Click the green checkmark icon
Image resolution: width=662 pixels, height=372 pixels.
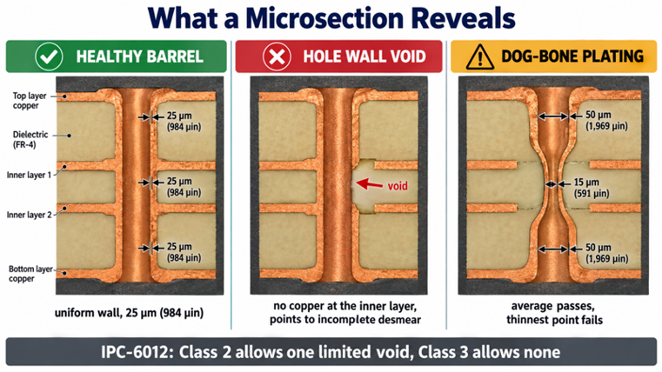pyautogui.click(x=49, y=56)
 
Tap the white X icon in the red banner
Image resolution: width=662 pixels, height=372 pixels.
pyautogui.click(x=277, y=56)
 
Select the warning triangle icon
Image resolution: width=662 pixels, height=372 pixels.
pyautogui.click(x=479, y=57)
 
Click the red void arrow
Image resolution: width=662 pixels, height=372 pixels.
pyautogui.click(x=369, y=184)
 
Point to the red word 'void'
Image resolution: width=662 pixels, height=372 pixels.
pyautogui.click(x=398, y=186)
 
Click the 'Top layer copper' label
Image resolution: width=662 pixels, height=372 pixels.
pyautogui.click(x=29, y=101)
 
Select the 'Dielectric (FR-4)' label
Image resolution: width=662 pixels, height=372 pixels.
pyautogui.click(x=30, y=140)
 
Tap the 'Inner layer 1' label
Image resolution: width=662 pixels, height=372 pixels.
pyautogui.click(x=29, y=175)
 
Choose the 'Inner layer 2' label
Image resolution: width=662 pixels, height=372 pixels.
pyautogui.click(x=29, y=215)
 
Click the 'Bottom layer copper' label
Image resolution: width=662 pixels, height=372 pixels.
pyautogui.click(x=30, y=274)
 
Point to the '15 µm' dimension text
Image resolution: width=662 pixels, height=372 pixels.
pyautogui.click(x=586, y=183)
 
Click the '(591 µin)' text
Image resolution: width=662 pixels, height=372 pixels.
pyautogui.click(x=591, y=194)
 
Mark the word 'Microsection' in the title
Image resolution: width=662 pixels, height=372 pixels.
pyautogui.click(x=325, y=18)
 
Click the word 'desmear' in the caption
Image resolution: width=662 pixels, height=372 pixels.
pyautogui.click(x=396, y=320)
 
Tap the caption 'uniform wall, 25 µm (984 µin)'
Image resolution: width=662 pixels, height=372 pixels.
pyautogui.click(x=130, y=313)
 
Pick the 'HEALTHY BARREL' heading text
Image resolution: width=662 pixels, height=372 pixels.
pyautogui.click(x=140, y=56)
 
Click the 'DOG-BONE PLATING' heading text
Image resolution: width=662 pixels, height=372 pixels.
pyautogui.click(x=572, y=56)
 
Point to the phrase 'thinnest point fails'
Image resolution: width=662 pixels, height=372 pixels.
pyautogui.click(x=555, y=320)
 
